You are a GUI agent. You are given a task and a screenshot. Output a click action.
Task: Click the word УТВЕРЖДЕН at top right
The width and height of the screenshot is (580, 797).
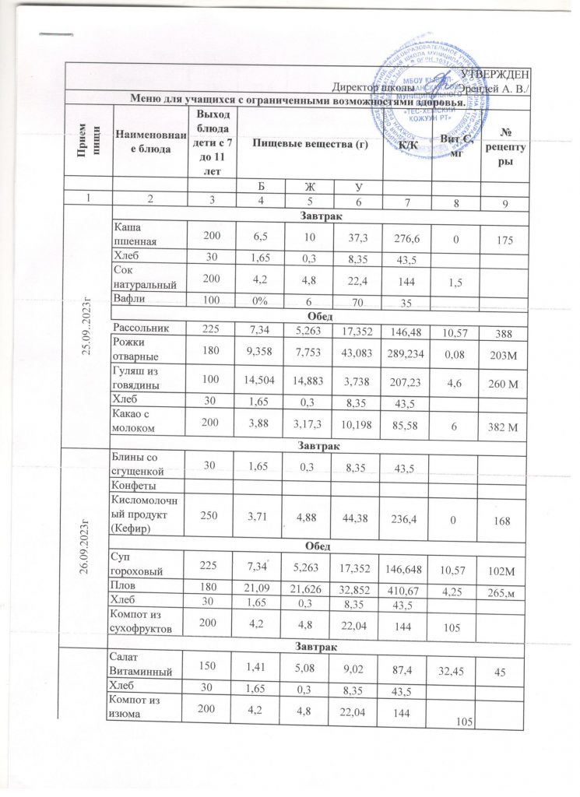tap(497, 74)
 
